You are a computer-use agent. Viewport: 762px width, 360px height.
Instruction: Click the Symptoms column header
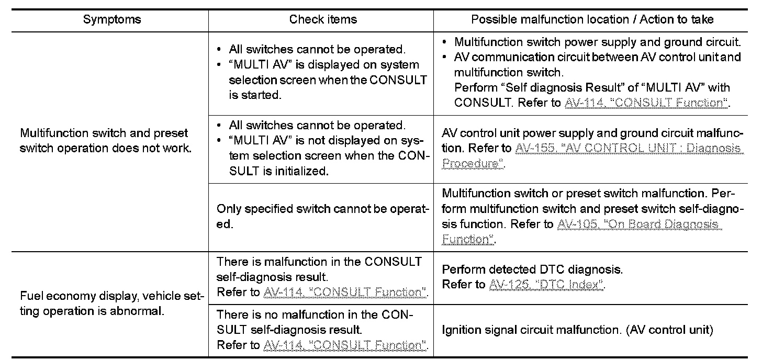(112, 20)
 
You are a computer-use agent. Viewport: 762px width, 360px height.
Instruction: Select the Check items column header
(323, 20)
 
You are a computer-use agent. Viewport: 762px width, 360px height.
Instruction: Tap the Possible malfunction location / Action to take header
(592, 20)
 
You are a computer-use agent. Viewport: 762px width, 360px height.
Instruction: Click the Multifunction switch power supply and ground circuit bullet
(597, 42)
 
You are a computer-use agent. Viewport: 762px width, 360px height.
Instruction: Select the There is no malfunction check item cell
(321, 330)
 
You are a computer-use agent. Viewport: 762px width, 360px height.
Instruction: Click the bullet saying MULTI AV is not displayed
(323, 149)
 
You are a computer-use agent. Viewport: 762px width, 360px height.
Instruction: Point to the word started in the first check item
(263, 96)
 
